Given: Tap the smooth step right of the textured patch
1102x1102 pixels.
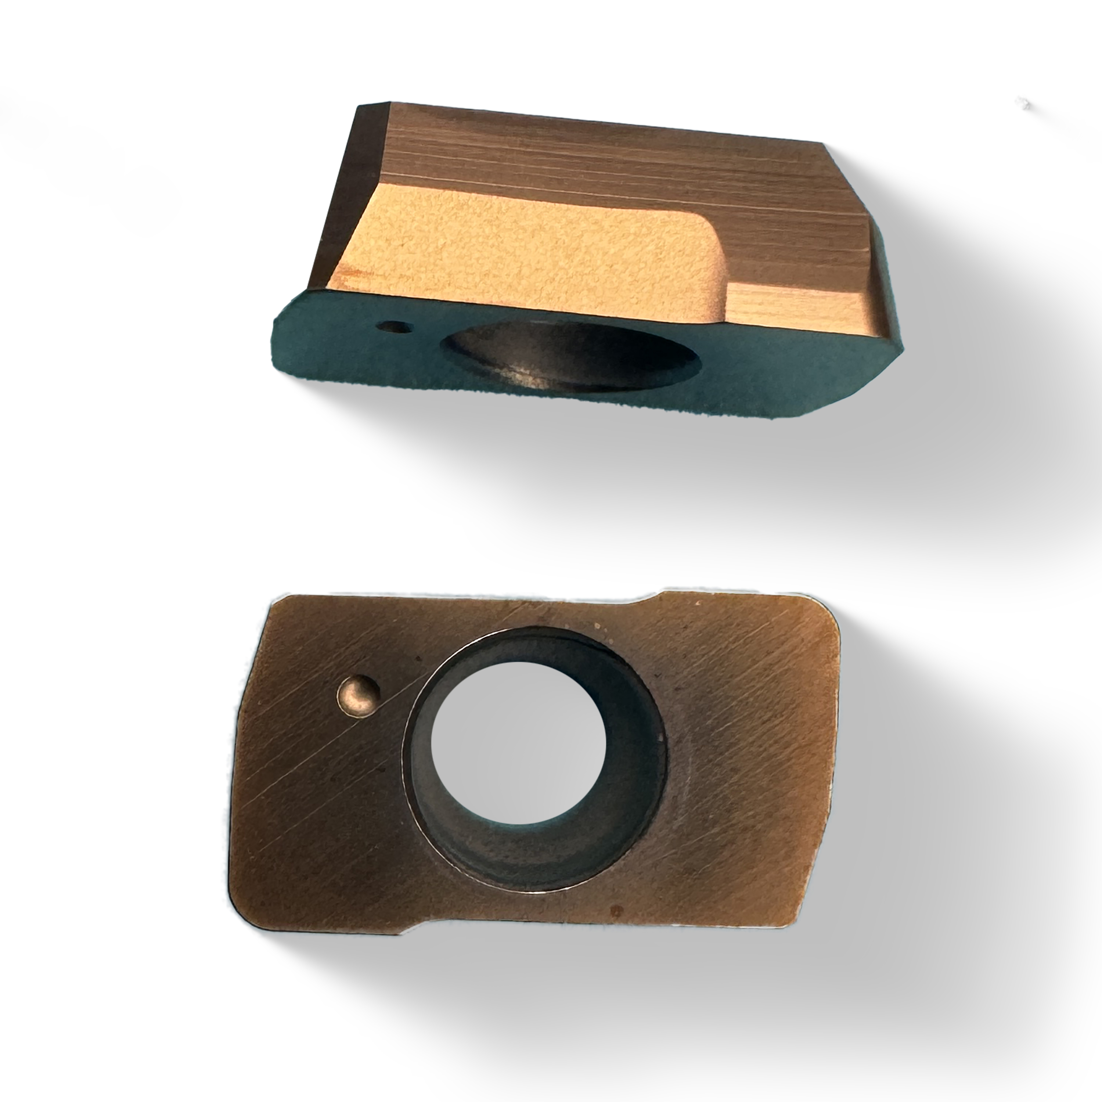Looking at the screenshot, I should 799,302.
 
